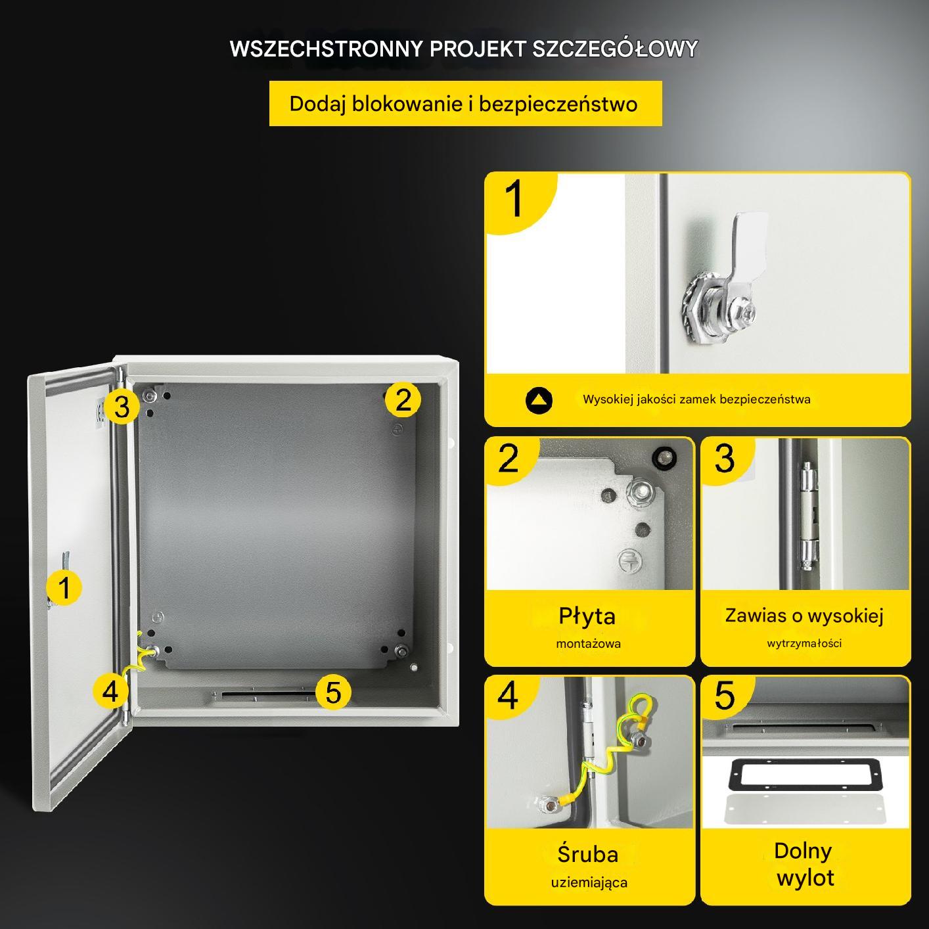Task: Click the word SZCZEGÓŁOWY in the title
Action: click(x=615, y=49)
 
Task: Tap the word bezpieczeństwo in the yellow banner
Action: click(x=558, y=104)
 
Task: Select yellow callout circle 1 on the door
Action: click(x=64, y=587)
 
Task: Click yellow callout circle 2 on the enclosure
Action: click(x=403, y=399)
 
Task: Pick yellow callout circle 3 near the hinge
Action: click(x=122, y=407)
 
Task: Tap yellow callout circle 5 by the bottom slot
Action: click(x=333, y=692)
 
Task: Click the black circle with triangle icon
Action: click(x=539, y=400)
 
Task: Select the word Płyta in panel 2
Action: click(x=587, y=617)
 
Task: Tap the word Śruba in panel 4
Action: click(x=587, y=854)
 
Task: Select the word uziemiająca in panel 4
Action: click(x=589, y=883)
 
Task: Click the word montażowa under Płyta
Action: click(x=588, y=643)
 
